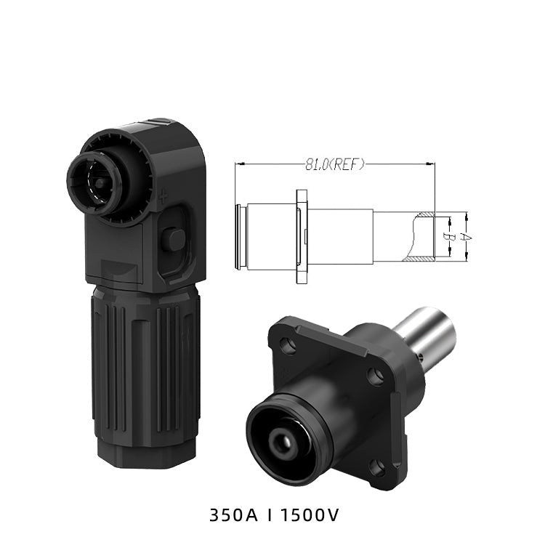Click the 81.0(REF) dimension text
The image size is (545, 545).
pos(335,164)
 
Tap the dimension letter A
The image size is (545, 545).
pos(466,237)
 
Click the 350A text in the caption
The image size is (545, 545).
pos(233,515)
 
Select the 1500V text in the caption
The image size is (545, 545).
pos(310,515)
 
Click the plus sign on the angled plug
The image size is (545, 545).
pos(163,198)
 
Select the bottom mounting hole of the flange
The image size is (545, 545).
pos(377,468)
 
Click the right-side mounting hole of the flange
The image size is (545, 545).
pos(375,376)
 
